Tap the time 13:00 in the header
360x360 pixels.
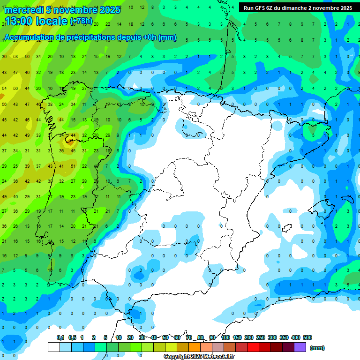(19, 21)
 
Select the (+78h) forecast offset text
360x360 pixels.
(81, 21)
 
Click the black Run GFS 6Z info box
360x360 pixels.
(298, 8)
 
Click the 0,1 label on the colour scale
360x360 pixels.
(60, 337)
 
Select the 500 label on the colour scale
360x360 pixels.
(307, 337)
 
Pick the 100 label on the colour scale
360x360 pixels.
(225, 337)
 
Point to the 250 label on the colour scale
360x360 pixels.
(261, 337)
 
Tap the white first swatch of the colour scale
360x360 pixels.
(54, 347)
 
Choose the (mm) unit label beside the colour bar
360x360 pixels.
(317, 348)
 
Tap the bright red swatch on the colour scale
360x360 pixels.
(253, 347)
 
